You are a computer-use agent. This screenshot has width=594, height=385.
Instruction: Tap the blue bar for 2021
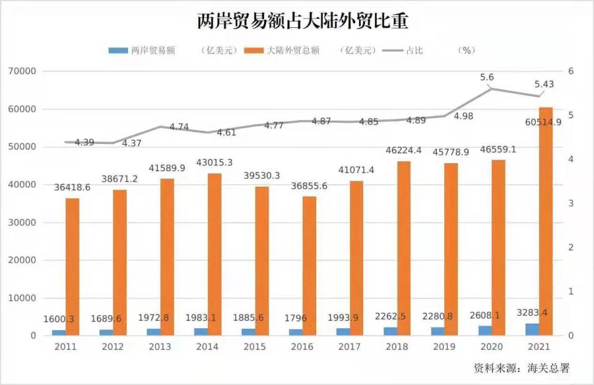coord(532,329)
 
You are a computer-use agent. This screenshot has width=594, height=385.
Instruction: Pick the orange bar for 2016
coord(309,266)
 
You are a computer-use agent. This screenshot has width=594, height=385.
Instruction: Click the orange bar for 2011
coord(72,267)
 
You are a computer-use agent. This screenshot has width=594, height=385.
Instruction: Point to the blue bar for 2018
coord(390,331)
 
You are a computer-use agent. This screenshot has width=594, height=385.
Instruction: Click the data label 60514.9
coord(543,122)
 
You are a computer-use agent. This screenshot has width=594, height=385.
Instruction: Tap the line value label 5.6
coord(487,77)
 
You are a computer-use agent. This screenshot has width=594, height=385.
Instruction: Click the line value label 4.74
coord(179,127)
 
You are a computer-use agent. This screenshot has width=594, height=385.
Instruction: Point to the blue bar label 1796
coord(299,318)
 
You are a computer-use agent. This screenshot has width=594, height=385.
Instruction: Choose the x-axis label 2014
coord(208,347)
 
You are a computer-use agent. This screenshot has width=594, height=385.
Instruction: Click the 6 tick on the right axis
coord(571,72)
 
